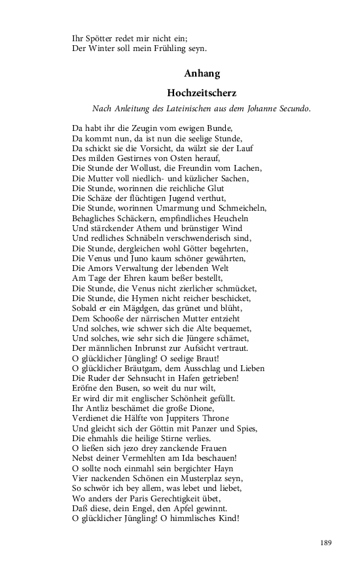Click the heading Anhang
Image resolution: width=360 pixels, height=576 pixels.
pyautogui.click(x=201, y=74)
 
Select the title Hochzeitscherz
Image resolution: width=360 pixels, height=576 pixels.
pyautogui.click(x=201, y=93)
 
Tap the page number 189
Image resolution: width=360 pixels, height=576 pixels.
pyautogui.click(x=327, y=542)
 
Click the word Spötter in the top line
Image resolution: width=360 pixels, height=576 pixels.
pyautogui.click(x=100, y=38)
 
